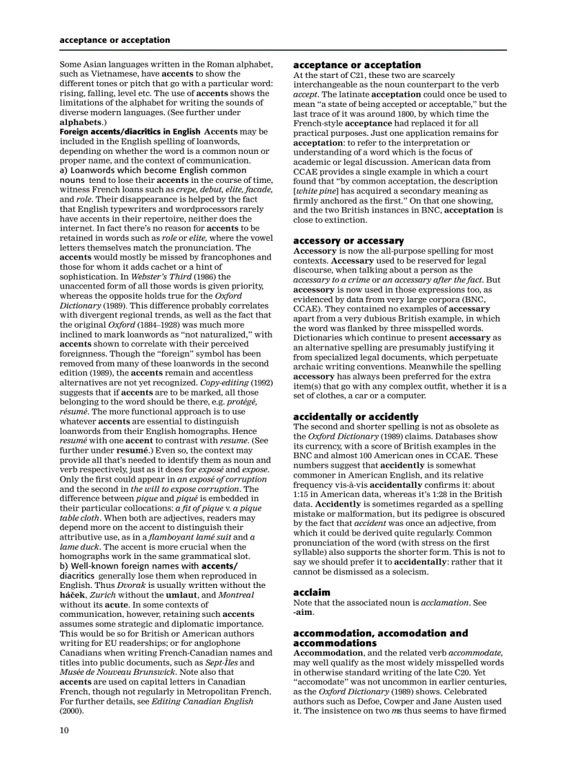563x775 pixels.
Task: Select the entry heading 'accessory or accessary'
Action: tap(348, 241)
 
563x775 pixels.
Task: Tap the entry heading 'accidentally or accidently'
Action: tap(355, 417)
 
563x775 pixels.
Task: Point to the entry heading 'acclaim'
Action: tap(312, 592)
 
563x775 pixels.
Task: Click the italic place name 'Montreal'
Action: tap(236, 595)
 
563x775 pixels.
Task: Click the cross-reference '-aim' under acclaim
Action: tap(302, 612)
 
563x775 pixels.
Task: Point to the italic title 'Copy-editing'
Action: tap(224, 382)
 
